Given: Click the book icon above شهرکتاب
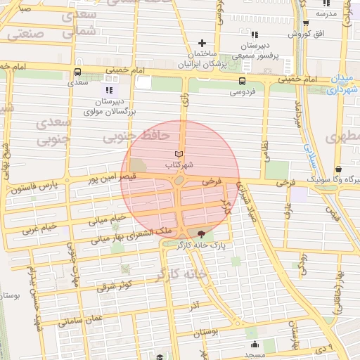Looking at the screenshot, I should (179, 154).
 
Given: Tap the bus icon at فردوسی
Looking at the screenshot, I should (243, 81).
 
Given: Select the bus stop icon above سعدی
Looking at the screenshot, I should (77, 72).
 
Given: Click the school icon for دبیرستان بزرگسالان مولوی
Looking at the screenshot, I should (109, 91).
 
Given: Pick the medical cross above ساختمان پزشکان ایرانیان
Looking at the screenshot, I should (202, 44).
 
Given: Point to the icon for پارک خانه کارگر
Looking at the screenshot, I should (202, 234).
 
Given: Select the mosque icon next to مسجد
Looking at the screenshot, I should (253, 344).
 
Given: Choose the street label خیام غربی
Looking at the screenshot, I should (40, 228).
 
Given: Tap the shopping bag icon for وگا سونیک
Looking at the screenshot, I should (340, 169).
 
